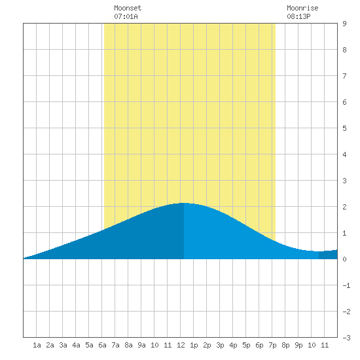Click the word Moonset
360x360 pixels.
(x=128, y=8)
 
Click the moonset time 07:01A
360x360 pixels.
(x=126, y=16)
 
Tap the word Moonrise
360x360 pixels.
(x=302, y=8)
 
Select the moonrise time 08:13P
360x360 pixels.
(x=298, y=16)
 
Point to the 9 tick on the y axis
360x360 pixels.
(x=344, y=24)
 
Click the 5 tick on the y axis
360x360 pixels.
(x=344, y=128)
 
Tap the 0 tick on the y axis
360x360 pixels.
(x=344, y=259)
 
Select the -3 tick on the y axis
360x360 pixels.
(x=346, y=338)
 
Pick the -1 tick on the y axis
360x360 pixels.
(x=346, y=285)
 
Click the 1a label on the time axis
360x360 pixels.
(x=37, y=345)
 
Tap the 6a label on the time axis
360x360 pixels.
(x=102, y=345)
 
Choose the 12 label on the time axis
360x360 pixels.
(x=181, y=345)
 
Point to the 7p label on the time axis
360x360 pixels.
(x=272, y=345)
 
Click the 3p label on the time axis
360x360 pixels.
(x=220, y=345)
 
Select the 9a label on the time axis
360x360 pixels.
(x=141, y=345)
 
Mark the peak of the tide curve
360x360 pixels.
(x=183, y=203)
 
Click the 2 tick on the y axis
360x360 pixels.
(x=344, y=207)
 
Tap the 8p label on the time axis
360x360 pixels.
(x=285, y=345)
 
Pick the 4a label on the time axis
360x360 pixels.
(x=76, y=345)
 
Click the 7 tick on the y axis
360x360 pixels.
(x=344, y=76)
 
